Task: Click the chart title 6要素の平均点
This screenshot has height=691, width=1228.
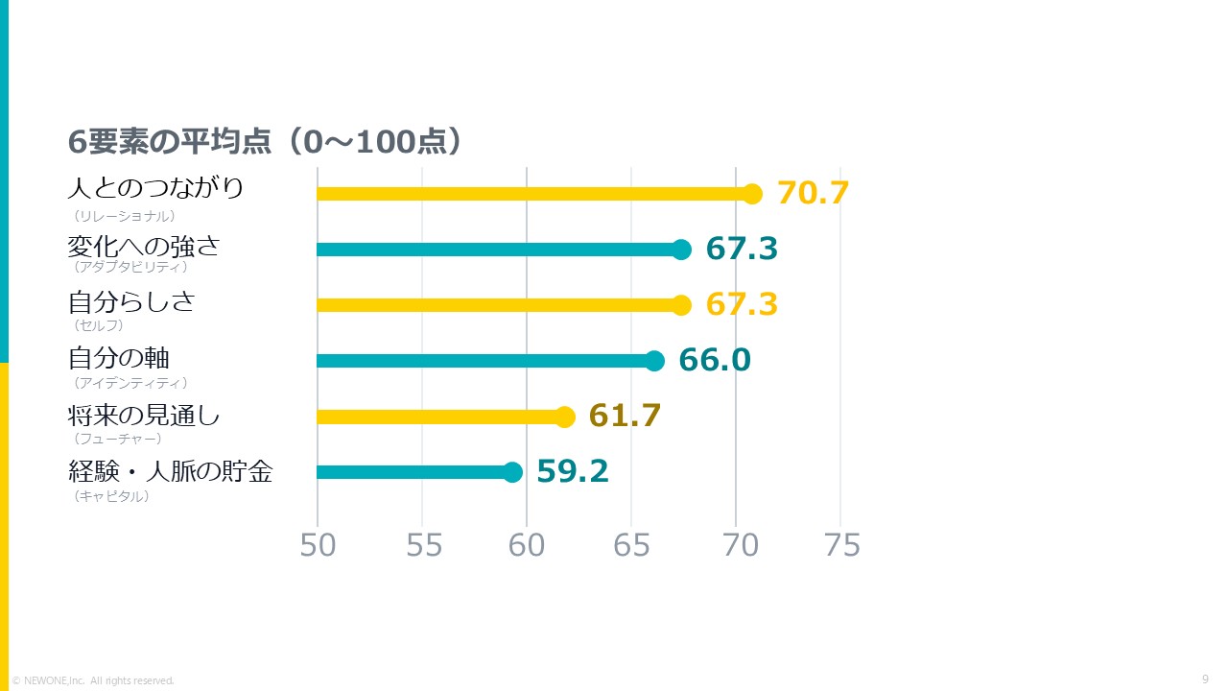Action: tap(170, 141)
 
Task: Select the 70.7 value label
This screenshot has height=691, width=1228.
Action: tap(813, 193)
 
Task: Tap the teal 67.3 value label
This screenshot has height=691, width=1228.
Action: tap(742, 248)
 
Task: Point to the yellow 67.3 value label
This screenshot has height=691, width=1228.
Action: tap(742, 304)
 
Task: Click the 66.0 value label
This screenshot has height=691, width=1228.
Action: tap(715, 360)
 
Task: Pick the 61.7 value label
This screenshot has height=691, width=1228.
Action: tap(625, 416)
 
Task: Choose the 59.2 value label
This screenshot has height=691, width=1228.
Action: tap(573, 471)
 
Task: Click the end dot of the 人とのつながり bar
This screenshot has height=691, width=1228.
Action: tap(753, 194)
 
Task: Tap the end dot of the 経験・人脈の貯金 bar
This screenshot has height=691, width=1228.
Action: tap(512, 472)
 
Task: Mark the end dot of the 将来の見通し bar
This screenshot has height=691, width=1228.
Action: tap(565, 417)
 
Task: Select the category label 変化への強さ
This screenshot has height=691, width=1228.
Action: tap(144, 247)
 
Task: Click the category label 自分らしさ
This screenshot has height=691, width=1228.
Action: tap(131, 301)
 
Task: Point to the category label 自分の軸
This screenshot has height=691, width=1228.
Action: tap(118, 358)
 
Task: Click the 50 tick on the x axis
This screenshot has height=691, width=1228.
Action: tap(318, 545)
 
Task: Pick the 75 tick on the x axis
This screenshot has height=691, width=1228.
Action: tap(842, 545)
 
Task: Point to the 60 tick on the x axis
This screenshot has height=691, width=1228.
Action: tap(527, 545)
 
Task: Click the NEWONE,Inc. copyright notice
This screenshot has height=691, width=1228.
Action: tap(93, 680)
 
